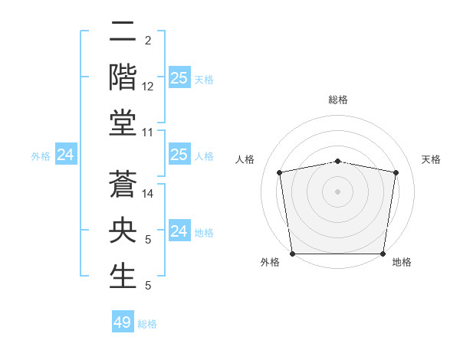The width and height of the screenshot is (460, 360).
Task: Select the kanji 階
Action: pos(123,77)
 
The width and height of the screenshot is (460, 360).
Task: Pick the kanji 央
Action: pos(123,231)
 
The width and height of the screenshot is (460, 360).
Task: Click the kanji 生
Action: pos(123,277)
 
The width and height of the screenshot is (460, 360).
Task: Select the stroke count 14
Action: pos(148,194)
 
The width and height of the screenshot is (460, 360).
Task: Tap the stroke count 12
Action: pos(148,87)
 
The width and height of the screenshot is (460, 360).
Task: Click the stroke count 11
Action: pos(148,133)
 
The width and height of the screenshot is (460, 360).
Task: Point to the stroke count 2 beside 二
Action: pos(147,41)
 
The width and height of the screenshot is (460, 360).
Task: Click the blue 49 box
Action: pos(123,322)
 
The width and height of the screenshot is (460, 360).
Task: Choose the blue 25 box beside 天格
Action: pos(179,78)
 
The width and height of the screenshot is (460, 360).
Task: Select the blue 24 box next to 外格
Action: pos(66,155)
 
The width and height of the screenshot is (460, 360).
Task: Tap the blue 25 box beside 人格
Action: pos(179,155)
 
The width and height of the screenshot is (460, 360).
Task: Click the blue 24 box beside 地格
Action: pos(179,231)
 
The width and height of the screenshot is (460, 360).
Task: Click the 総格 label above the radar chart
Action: pos(337,100)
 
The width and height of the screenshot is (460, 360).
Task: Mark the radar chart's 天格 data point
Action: pos(396,172)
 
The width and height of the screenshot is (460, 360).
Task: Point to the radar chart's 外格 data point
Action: pos(292,254)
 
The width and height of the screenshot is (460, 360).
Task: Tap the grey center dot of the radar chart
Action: pos(337,191)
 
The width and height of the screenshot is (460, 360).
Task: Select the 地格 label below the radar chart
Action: pos(402,262)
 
